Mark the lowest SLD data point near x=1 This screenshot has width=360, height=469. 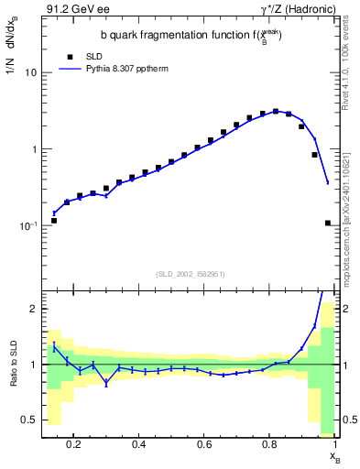click(x=328, y=223)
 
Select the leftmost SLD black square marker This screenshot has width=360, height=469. click(x=54, y=221)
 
